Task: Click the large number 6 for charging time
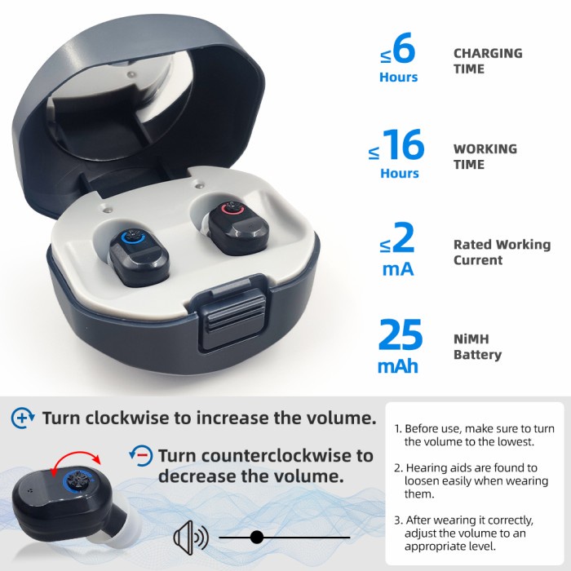click(x=404, y=51)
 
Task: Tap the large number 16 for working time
click(x=403, y=146)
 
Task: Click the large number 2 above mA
click(x=404, y=240)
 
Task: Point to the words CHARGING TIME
click(x=487, y=61)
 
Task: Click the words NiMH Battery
click(x=477, y=347)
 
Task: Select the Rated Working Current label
click(x=502, y=252)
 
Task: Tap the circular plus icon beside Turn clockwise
click(x=23, y=418)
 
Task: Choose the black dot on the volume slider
click(x=257, y=537)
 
